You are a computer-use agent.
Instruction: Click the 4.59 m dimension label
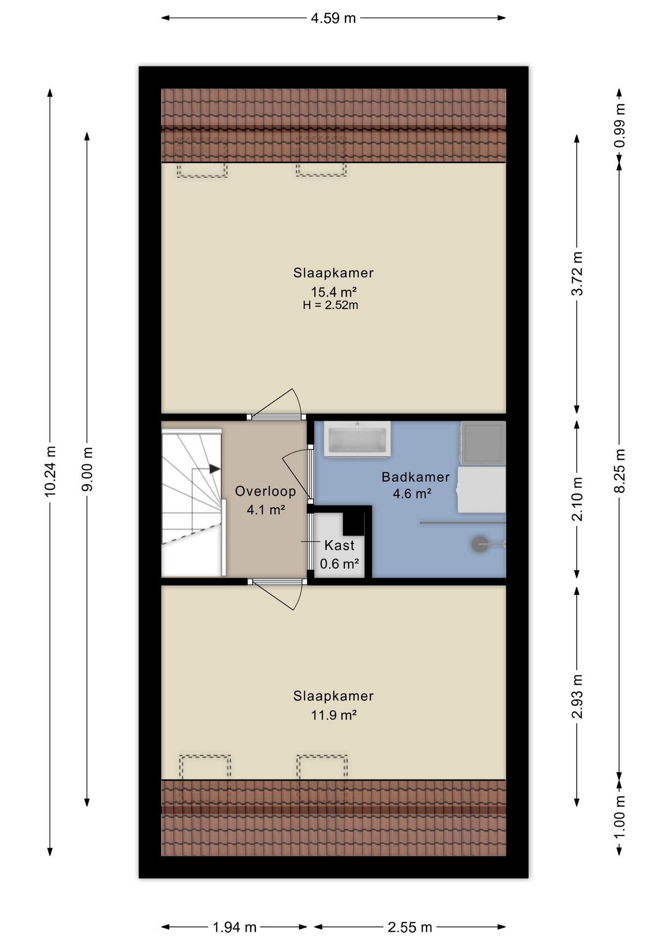click(x=333, y=18)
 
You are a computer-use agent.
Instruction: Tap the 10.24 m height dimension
click(x=50, y=471)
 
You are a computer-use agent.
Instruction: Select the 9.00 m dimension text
click(x=87, y=469)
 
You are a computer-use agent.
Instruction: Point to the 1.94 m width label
click(x=234, y=927)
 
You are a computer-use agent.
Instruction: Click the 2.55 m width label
click(x=410, y=927)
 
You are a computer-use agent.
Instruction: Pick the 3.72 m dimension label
click(x=577, y=274)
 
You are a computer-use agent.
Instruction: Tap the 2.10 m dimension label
click(x=577, y=499)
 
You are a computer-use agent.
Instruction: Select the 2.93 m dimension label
click(x=577, y=696)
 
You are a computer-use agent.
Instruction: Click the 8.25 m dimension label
click(x=619, y=471)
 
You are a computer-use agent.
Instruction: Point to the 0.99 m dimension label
click(x=619, y=125)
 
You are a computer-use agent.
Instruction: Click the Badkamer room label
click(x=415, y=477)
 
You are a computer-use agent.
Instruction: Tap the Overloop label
click(x=266, y=491)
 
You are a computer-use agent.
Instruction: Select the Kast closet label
click(x=339, y=545)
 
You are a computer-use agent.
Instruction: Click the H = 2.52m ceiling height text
click(x=331, y=305)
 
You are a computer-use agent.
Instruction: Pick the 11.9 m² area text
click(x=334, y=715)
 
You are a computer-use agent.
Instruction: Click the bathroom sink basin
click(x=357, y=439)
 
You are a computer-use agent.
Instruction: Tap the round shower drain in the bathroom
click(x=480, y=544)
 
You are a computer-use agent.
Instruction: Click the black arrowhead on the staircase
click(x=215, y=469)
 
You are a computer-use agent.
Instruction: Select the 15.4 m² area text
click(x=334, y=292)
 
